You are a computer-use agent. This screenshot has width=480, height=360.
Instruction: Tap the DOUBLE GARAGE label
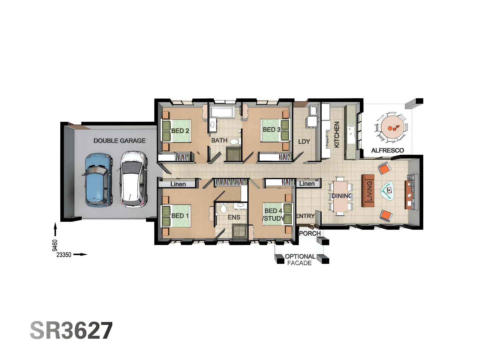[119, 141]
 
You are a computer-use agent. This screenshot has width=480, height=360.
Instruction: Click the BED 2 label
[180, 131]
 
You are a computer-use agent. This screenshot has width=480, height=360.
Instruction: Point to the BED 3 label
[271, 129]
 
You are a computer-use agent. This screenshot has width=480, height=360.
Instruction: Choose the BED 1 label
[180, 216]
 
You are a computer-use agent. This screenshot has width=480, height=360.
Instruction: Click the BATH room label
[219, 140]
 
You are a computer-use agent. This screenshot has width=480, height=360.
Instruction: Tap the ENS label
[234, 217]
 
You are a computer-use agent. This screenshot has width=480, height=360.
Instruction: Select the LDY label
[304, 141]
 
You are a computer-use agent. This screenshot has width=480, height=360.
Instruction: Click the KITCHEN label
[337, 134]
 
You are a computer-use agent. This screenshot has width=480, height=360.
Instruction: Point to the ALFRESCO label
[387, 150]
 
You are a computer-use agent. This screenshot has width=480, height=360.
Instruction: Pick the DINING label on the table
[341, 196]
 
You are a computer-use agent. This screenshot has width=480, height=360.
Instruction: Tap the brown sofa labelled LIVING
[368, 191]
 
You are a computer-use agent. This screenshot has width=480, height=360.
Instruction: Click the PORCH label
[310, 233]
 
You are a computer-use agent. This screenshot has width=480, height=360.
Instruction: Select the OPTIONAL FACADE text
[300, 260]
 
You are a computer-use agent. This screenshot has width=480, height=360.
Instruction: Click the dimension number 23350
[64, 255]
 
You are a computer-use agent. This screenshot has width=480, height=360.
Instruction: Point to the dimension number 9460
[55, 245]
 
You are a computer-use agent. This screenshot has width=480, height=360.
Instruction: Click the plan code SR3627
[71, 330]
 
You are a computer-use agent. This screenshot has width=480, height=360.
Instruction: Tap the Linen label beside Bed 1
[178, 184]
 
